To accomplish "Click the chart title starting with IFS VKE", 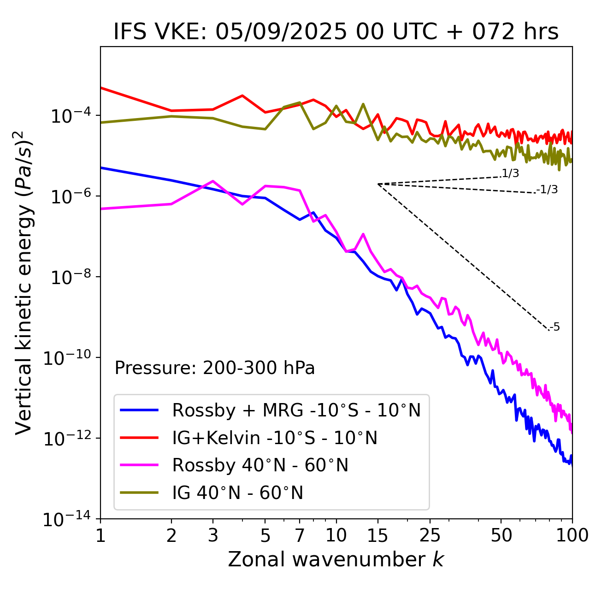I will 336,32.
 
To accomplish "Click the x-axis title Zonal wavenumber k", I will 336,559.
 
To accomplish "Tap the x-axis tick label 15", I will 378,535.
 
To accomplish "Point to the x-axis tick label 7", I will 300,535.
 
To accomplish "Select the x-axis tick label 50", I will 501,535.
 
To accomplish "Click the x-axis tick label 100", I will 572,535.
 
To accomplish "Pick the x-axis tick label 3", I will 212,535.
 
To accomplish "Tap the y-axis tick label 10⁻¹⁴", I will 67,519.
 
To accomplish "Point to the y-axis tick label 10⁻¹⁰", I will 67,358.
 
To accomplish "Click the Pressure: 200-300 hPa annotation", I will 215,368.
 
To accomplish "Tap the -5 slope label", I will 555,327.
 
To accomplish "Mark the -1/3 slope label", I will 547,190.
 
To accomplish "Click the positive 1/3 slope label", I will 510,173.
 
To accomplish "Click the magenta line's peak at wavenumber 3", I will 212,181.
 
